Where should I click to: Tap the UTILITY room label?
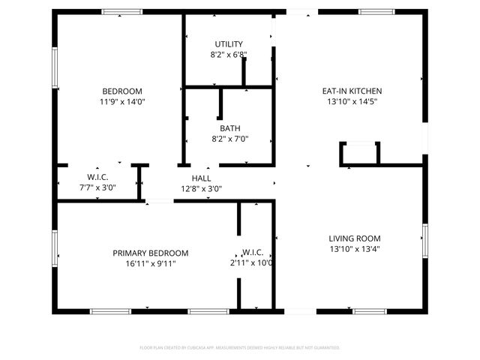pyautogui.click(x=229, y=43)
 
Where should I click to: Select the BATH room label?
pyautogui.click(x=229, y=128)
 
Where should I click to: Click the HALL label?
pyautogui.click(x=201, y=178)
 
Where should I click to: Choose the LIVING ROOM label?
pyautogui.click(x=355, y=238)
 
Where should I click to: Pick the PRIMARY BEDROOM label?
pyautogui.click(x=151, y=253)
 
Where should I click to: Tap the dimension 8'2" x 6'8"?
pyautogui.click(x=229, y=55)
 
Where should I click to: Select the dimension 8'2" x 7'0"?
pyautogui.click(x=229, y=139)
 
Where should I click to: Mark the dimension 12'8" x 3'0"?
pyautogui.click(x=201, y=189)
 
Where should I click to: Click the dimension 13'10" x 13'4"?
pyautogui.click(x=355, y=249)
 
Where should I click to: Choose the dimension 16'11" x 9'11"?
pyautogui.click(x=151, y=264)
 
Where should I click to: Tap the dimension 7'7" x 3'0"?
pyautogui.click(x=97, y=188)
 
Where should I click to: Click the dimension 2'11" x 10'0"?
pyautogui.click(x=251, y=263)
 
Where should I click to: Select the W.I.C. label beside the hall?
pyautogui.click(x=97, y=178)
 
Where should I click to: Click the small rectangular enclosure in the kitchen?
pyautogui.click(x=360, y=154)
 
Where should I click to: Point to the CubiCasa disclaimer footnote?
pyautogui.click(x=240, y=348)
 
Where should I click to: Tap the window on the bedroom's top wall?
pyautogui.click(x=122, y=11)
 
